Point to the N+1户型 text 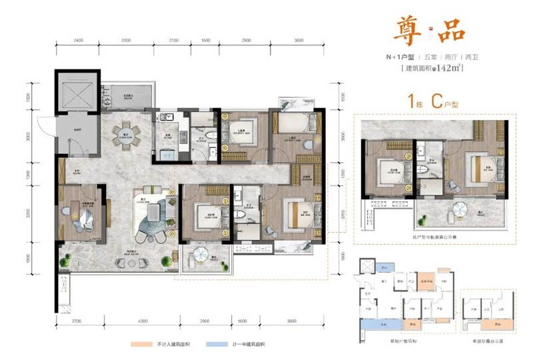pyautogui.click(x=394, y=57)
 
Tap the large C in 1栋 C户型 pyautogui.click(x=437, y=101)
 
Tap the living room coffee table pyautogui.click(x=154, y=213)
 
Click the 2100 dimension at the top pyautogui.click(x=174, y=41)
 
